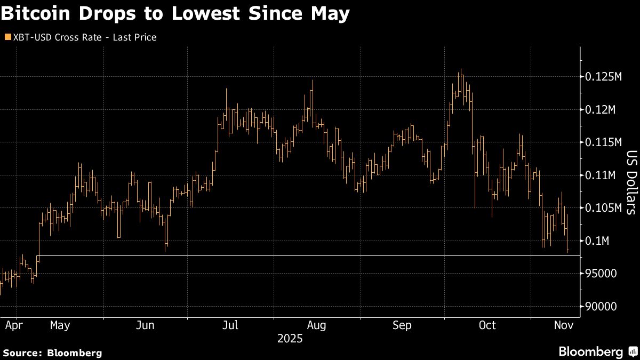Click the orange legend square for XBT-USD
point(7,37)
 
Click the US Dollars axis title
point(630,181)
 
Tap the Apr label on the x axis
point(12,325)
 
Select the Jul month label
point(230,325)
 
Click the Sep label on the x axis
point(403,325)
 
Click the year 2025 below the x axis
point(290,338)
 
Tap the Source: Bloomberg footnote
point(52,353)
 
